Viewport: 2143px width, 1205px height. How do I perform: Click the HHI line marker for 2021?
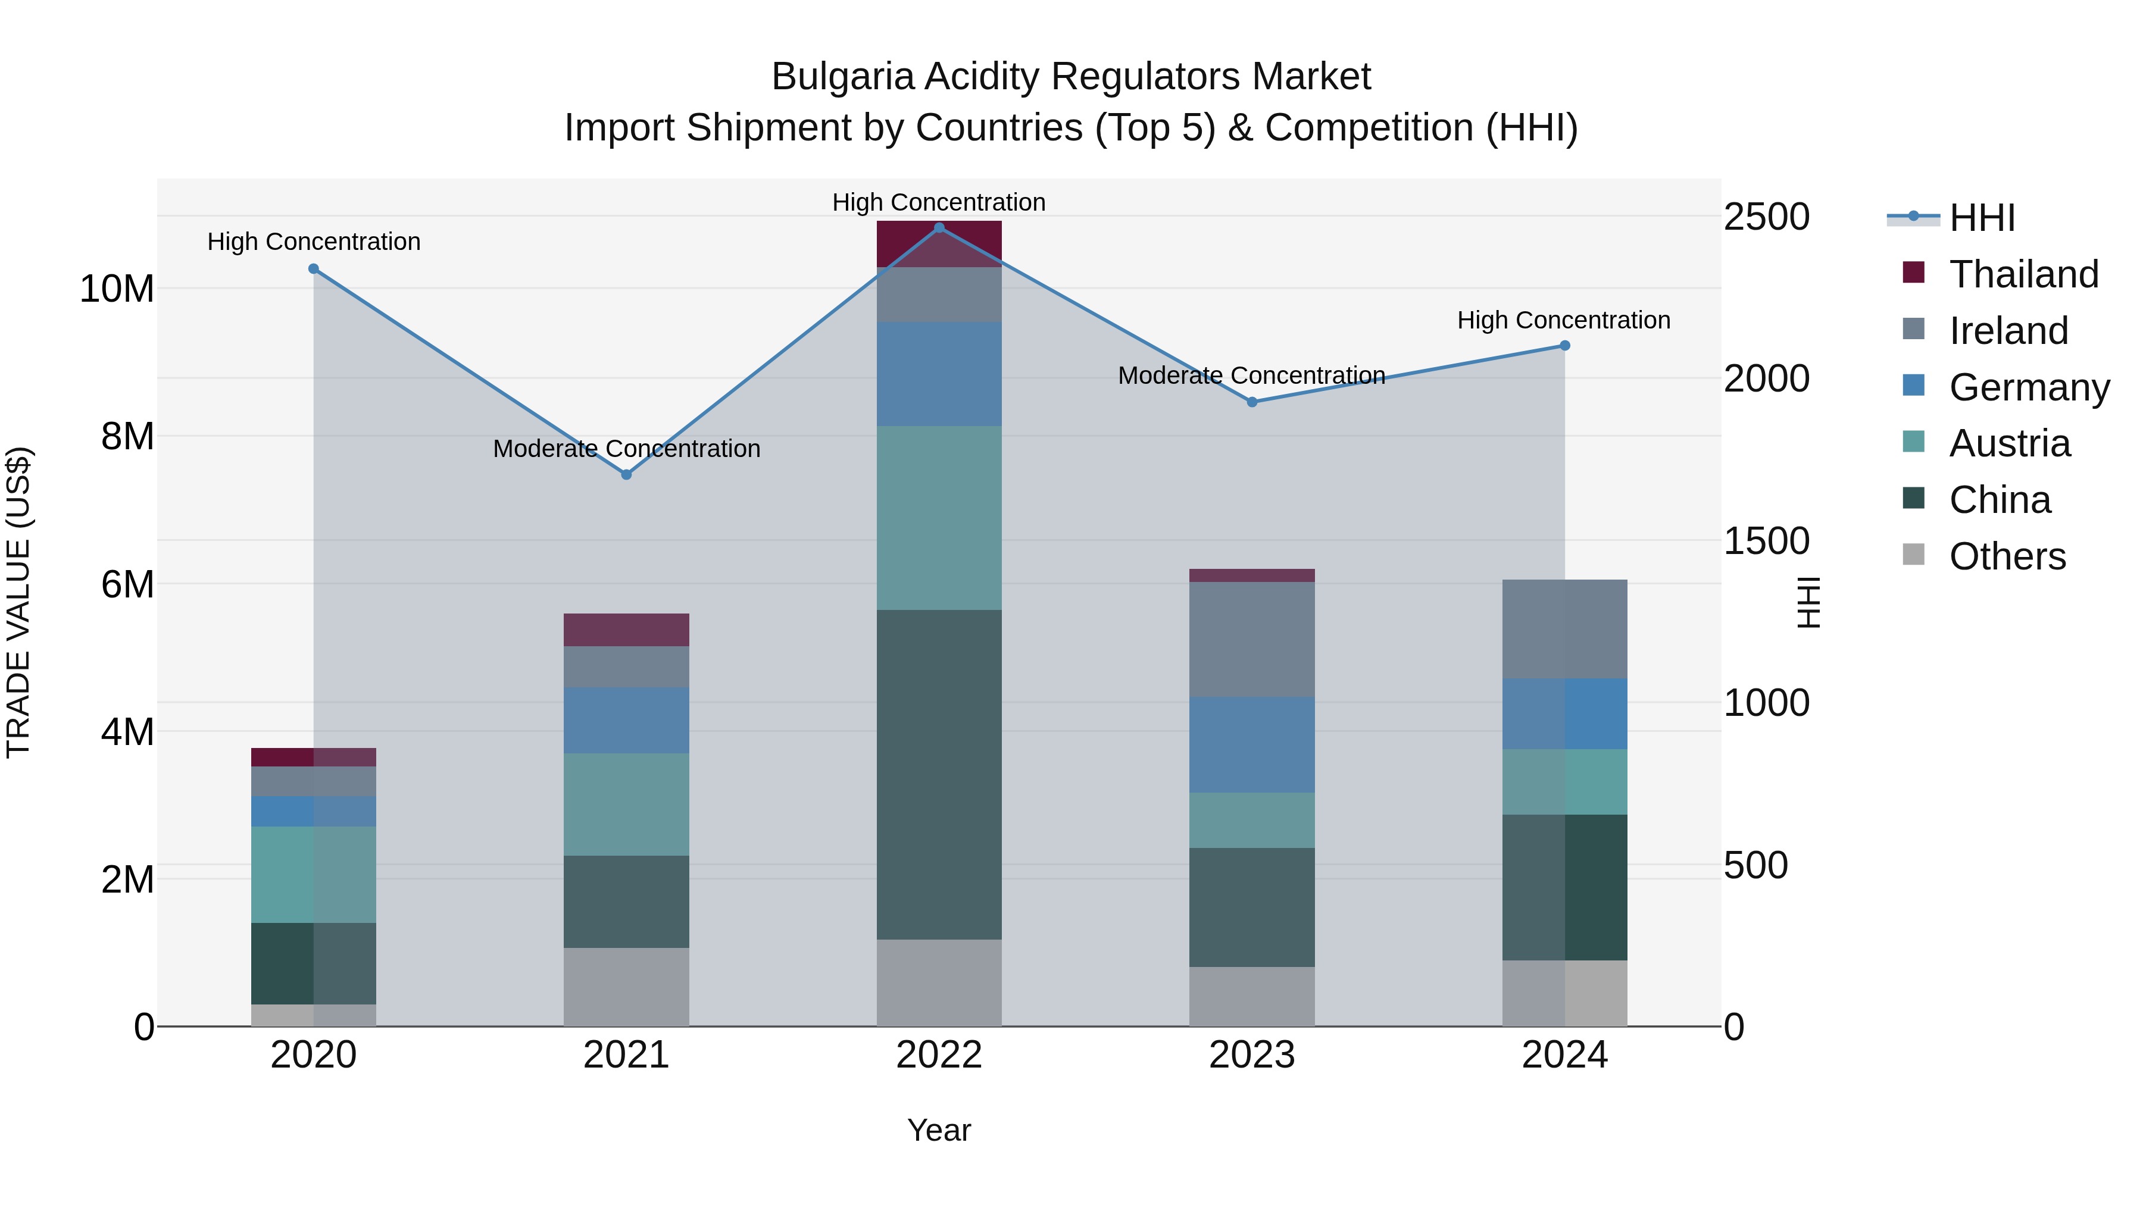tap(626, 475)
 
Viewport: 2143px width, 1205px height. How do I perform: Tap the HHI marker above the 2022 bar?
tap(939, 228)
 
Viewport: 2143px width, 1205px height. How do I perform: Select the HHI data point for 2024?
tap(1565, 346)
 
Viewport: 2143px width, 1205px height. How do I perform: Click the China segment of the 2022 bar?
tap(939, 774)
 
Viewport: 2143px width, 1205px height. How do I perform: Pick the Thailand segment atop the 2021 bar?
tap(626, 630)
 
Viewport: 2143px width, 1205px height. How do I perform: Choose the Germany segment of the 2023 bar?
tap(1252, 744)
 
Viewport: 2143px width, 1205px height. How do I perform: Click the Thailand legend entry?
tap(2023, 274)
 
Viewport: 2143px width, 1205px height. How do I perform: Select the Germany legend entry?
tap(2028, 387)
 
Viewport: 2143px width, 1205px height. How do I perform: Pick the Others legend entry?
tap(2007, 556)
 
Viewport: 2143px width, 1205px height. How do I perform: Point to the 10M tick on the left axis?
tap(117, 289)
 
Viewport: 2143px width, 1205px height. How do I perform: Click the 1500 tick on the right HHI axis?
tap(1766, 542)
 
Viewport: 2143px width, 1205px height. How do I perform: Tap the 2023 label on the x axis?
tap(1252, 1055)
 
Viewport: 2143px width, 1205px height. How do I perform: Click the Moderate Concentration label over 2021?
tap(626, 449)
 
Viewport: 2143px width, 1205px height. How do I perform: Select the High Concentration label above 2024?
tap(1563, 320)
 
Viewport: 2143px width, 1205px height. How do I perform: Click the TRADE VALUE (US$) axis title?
tap(18, 602)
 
